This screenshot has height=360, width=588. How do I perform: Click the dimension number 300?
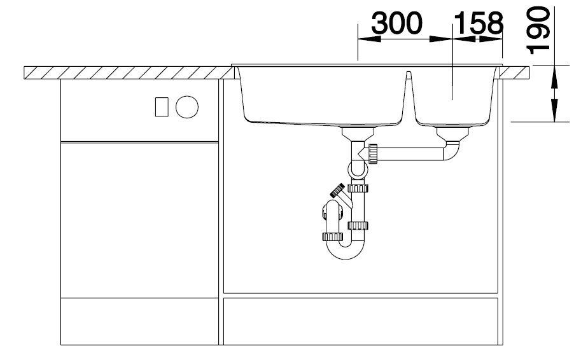[396, 24]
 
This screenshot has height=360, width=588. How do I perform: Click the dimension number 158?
[479, 24]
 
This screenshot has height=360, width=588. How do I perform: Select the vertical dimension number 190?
[538, 30]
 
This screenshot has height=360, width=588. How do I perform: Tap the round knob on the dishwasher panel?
[186, 107]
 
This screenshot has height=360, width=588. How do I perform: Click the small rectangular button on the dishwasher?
[162, 107]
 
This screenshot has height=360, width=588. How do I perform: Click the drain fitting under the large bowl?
[358, 134]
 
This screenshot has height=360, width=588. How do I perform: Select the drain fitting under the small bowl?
[452, 134]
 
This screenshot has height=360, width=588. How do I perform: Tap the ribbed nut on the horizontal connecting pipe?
[373, 154]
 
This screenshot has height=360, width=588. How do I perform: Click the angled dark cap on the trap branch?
[337, 191]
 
